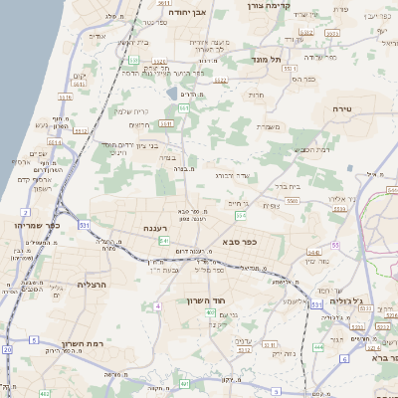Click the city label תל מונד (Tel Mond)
click(x=267, y=59)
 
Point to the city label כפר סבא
click(x=242, y=240)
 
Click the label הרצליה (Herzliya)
click(x=71, y=285)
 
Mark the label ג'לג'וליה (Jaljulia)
click(x=370, y=299)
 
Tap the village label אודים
click(x=98, y=36)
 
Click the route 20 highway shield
click(x=7, y=349)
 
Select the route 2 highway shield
click(x=24, y=212)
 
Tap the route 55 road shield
click(x=336, y=245)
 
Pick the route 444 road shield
click(x=318, y=347)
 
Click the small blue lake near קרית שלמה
click(x=171, y=94)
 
